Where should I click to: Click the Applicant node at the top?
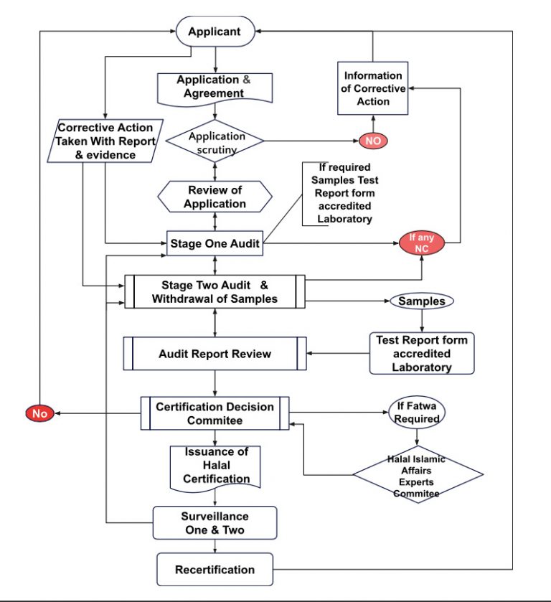pyautogui.click(x=215, y=32)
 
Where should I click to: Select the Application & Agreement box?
pyautogui.click(x=215, y=87)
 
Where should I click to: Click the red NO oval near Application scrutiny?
pyautogui.click(x=373, y=141)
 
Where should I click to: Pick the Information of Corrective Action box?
pyautogui.click(x=372, y=88)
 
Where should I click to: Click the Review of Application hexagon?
pyautogui.click(x=215, y=197)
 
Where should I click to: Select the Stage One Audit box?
pyautogui.click(x=215, y=244)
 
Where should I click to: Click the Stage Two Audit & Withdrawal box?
pyautogui.click(x=215, y=292)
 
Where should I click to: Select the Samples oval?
pyautogui.click(x=421, y=301)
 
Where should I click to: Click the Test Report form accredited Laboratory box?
pyautogui.click(x=422, y=354)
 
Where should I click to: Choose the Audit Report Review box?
pyautogui.click(x=215, y=354)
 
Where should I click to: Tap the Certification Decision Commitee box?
pyautogui.click(x=215, y=414)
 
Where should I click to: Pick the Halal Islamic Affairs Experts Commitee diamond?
pyautogui.click(x=417, y=474)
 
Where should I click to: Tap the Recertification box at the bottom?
pyautogui.click(x=215, y=570)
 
